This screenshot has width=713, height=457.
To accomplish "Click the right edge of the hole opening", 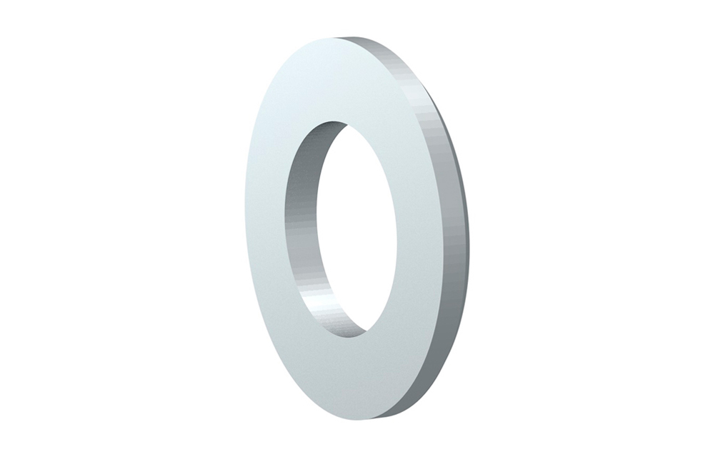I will coord(397,228).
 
